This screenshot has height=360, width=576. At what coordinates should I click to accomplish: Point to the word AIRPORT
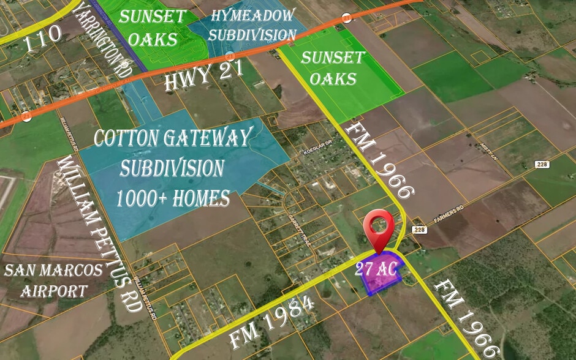(54, 290)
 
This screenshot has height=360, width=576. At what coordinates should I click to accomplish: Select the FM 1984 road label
(273, 322)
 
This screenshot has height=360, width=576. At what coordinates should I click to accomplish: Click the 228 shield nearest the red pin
(419, 230)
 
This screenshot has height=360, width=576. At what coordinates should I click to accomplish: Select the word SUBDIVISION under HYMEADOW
(252, 34)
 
